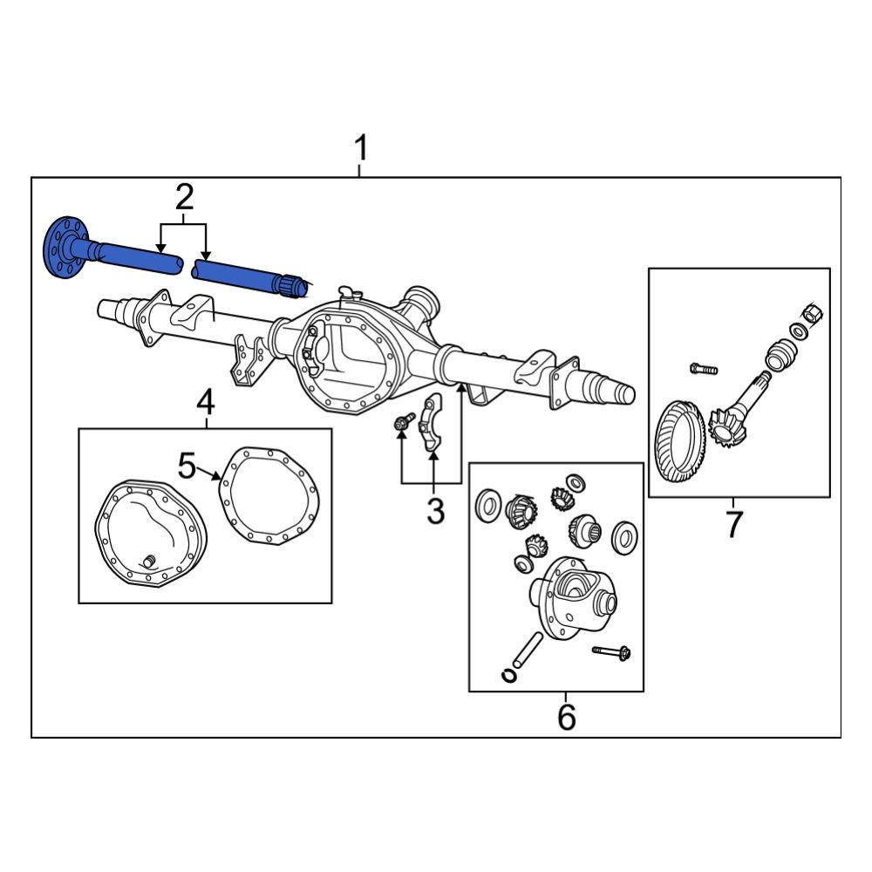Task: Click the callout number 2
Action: (184, 198)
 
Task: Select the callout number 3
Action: (435, 511)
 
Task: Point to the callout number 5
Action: (187, 466)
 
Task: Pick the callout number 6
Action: (566, 717)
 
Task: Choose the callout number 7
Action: (733, 524)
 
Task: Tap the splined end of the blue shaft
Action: (293, 285)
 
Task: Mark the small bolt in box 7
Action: (703, 369)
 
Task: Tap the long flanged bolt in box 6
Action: (612, 651)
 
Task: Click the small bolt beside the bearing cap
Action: (402, 423)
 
